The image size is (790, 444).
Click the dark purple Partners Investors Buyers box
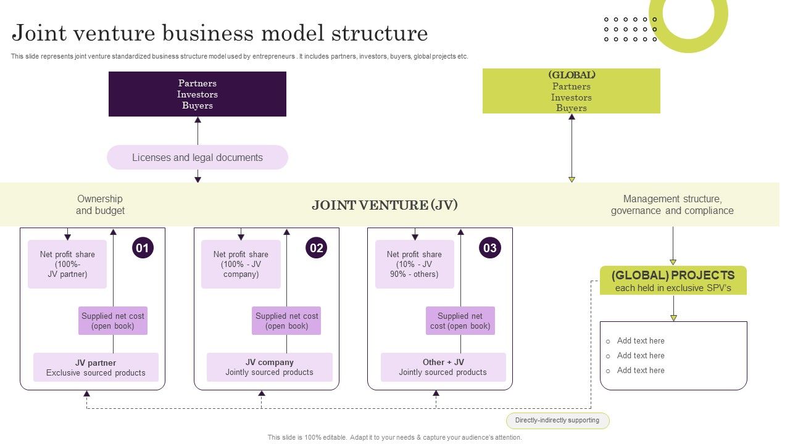(x=197, y=94)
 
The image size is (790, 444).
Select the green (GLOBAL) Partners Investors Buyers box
(x=571, y=91)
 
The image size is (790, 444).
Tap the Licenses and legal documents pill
(x=197, y=157)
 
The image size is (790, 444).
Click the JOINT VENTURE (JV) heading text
(x=385, y=205)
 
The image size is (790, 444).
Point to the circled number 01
(x=143, y=248)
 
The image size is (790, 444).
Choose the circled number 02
(x=317, y=248)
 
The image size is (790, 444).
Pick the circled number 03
(x=490, y=248)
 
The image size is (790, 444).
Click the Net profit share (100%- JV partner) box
(x=67, y=264)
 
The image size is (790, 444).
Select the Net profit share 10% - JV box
(x=414, y=264)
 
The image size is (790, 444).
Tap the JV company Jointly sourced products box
(x=269, y=367)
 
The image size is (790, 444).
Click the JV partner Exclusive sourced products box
(x=96, y=367)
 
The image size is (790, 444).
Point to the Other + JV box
(x=443, y=367)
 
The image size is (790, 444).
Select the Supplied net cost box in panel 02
(x=286, y=321)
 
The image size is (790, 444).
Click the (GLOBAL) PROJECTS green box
(x=673, y=281)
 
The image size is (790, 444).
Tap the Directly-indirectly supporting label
(x=557, y=421)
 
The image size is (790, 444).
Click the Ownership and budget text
(x=100, y=205)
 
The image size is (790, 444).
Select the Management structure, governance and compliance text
(x=672, y=205)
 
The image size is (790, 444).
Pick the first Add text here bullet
(x=641, y=341)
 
